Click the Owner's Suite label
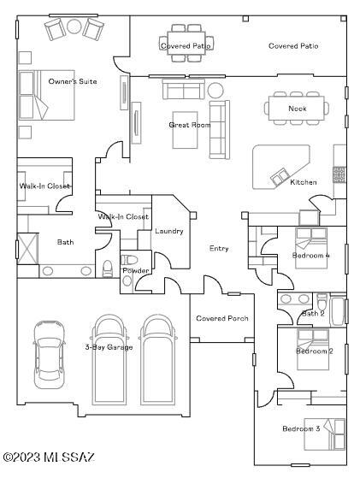[73, 81]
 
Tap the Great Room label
[190, 125]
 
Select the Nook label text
[298, 109]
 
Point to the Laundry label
[169, 231]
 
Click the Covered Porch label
[222, 318]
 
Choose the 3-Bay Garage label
[109, 347]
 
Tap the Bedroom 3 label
[301, 428]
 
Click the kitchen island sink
[280, 176]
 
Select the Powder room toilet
[130, 260]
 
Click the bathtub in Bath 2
[338, 310]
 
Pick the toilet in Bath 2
[322, 302]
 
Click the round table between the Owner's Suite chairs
[74, 27]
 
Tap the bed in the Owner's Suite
[47, 95]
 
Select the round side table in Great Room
[215, 91]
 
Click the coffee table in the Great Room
[185, 130]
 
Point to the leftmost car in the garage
[49, 355]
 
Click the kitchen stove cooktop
[339, 174]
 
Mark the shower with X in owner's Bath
[27, 249]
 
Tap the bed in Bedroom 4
[311, 248]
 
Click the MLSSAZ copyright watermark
[49, 457]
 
